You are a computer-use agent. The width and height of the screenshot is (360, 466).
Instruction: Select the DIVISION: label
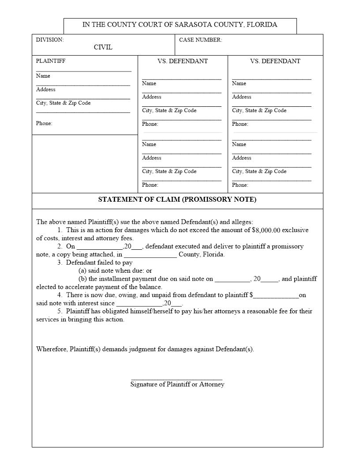(x=50, y=40)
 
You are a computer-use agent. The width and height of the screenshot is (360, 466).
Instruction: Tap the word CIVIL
(x=103, y=47)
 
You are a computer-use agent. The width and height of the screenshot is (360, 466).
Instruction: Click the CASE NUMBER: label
(x=200, y=40)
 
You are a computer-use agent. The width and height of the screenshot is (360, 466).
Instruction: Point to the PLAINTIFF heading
(x=51, y=61)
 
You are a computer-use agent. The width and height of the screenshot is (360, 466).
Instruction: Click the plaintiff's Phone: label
(x=44, y=123)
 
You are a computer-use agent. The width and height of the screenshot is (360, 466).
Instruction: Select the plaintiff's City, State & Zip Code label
(x=63, y=103)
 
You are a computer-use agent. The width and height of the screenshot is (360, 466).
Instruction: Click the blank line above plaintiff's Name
(x=83, y=71)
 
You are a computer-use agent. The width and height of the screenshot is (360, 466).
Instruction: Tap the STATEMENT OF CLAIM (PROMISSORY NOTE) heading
(x=177, y=199)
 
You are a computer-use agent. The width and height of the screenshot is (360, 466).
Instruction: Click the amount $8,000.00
(x=266, y=230)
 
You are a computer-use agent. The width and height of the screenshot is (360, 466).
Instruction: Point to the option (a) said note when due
(x=115, y=271)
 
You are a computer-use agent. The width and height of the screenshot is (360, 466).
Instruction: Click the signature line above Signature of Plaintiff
(x=177, y=379)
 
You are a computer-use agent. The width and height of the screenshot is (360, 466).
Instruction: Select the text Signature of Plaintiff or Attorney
(x=177, y=384)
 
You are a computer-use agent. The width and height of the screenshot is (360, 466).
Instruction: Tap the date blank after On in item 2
(x=100, y=248)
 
